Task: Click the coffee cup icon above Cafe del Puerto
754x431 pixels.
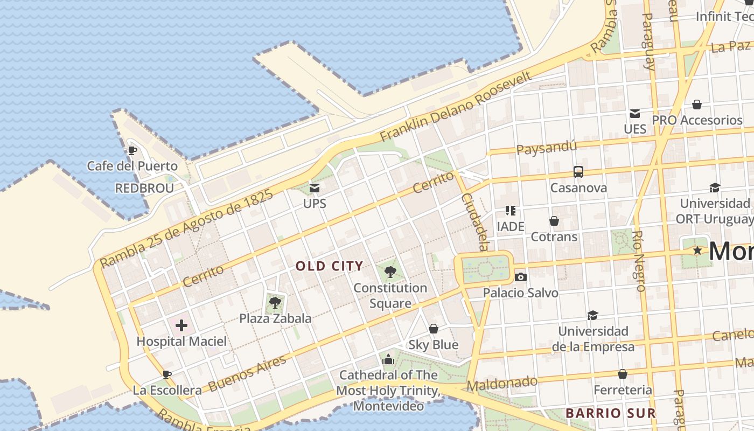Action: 132,150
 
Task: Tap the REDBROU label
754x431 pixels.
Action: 144,188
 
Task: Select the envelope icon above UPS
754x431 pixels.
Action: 315,188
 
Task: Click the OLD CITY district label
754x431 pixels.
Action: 330,266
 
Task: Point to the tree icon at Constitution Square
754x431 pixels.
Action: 390,272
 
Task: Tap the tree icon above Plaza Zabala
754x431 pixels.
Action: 275,302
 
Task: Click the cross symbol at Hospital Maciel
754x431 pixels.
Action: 181,325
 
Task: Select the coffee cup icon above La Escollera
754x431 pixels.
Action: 167,374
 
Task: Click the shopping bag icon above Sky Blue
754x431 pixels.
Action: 434,329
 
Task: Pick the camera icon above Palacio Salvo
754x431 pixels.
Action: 520,277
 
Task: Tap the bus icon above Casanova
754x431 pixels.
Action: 578,172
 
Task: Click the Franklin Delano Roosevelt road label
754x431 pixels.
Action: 456,107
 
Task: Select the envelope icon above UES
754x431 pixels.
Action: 635,114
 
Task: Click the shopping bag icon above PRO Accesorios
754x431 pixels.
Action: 697,104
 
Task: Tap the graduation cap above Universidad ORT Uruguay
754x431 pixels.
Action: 715,187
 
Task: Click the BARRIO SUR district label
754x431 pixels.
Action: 610,413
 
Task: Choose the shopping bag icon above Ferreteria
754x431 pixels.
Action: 623,373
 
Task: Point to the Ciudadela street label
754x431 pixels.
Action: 474,221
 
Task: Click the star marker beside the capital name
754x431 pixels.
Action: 697,251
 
